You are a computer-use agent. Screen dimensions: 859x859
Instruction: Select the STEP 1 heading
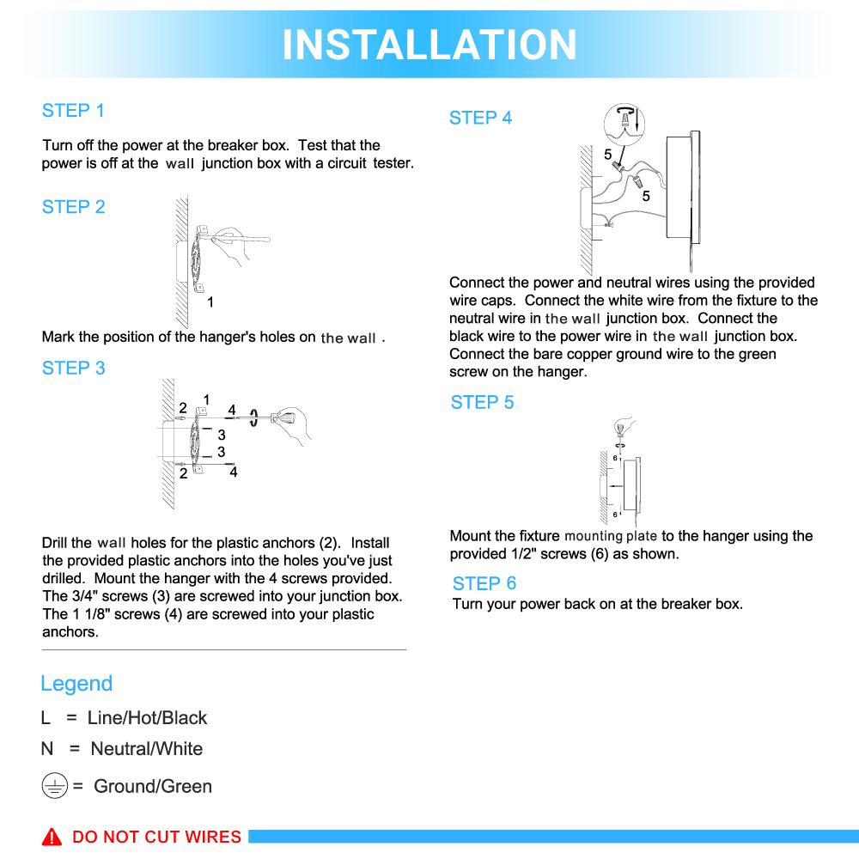coord(73,111)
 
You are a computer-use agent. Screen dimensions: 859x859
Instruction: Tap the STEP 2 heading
coord(73,207)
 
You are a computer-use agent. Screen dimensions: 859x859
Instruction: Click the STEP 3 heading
coord(73,369)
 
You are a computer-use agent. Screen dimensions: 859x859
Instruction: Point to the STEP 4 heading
coord(480,119)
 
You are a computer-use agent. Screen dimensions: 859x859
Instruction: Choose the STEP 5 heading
coord(482,403)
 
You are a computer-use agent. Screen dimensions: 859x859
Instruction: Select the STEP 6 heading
coord(484,583)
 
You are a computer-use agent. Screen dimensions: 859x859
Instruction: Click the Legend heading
coord(76,684)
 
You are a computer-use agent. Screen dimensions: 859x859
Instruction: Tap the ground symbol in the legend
coord(54,786)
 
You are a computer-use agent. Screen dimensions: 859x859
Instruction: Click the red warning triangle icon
coord(53,837)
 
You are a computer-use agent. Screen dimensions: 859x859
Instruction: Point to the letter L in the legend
coord(46,718)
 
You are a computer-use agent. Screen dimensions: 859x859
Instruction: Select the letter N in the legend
coord(47,749)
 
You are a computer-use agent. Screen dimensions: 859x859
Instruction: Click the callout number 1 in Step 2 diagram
coord(210,302)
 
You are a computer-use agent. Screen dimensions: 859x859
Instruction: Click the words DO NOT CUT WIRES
coord(156,837)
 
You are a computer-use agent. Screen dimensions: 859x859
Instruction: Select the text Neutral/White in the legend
coord(147,749)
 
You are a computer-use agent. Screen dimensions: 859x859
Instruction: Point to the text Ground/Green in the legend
coord(153,786)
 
